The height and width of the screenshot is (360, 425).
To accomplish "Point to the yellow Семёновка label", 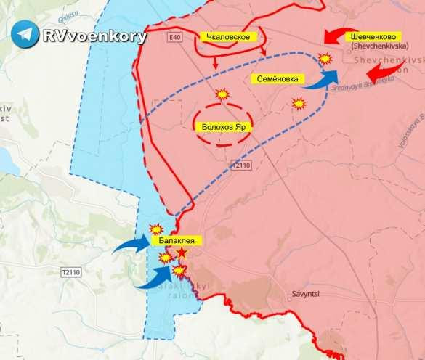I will tap(277, 78).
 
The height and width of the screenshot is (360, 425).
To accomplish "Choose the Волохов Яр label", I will tap(222, 125).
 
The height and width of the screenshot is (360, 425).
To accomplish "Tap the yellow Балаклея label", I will tap(173, 240).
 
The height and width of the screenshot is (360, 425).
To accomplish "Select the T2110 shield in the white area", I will tap(70, 271).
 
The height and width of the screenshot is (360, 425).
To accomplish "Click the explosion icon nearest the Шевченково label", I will tap(326, 59).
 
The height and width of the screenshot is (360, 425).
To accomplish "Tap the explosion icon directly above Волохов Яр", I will tap(222, 94).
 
